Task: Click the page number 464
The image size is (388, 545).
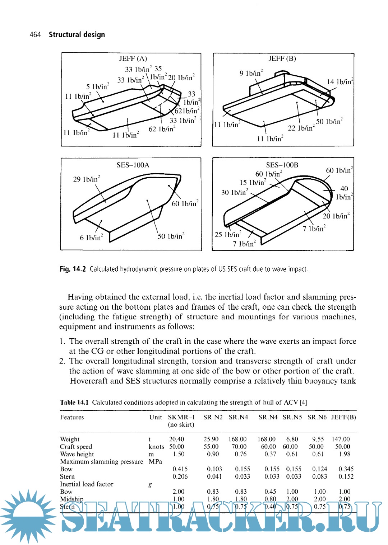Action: (x=35, y=35)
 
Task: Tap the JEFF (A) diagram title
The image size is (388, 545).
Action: (x=133, y=58)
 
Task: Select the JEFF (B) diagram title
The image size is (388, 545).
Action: (x=282, y=58)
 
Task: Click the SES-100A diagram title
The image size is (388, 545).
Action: (x=133, y=165)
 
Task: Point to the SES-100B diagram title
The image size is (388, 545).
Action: (x=282, y=165)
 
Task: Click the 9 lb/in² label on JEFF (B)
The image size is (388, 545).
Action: (x=251, y=73)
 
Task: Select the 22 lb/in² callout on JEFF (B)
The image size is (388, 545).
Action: (x=301, y=128)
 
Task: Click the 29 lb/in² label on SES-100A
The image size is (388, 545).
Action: (x=87, y=179)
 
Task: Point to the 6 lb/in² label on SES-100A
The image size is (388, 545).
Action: (x=91, y=238)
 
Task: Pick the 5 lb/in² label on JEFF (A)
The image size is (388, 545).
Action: (x=97, y=86)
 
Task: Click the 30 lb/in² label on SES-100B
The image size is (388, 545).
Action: (x=235, y=192)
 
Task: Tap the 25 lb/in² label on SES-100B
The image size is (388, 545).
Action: (x=228, y=235)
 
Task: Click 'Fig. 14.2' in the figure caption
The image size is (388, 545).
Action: (x=73, y=269)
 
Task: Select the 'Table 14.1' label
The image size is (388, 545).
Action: (x=74, y=402)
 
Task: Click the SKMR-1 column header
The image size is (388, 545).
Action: (x=181, y=417)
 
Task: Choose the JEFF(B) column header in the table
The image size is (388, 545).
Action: (x=343, y=417)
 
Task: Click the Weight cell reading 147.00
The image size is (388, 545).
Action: (x=341, y=439)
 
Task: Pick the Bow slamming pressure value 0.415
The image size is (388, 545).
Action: (x=180, y=469)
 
